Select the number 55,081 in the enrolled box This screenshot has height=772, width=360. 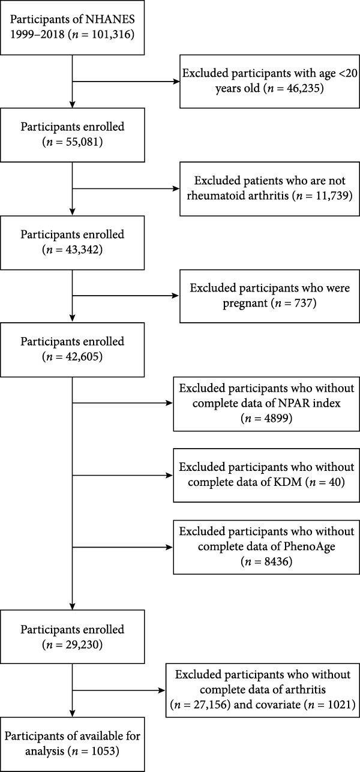(82, 142)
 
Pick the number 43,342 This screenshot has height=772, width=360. (82, 250)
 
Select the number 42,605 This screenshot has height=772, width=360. (82, 357)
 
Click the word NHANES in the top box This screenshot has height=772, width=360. (110, 19)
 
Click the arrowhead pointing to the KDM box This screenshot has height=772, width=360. (169, 476)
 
